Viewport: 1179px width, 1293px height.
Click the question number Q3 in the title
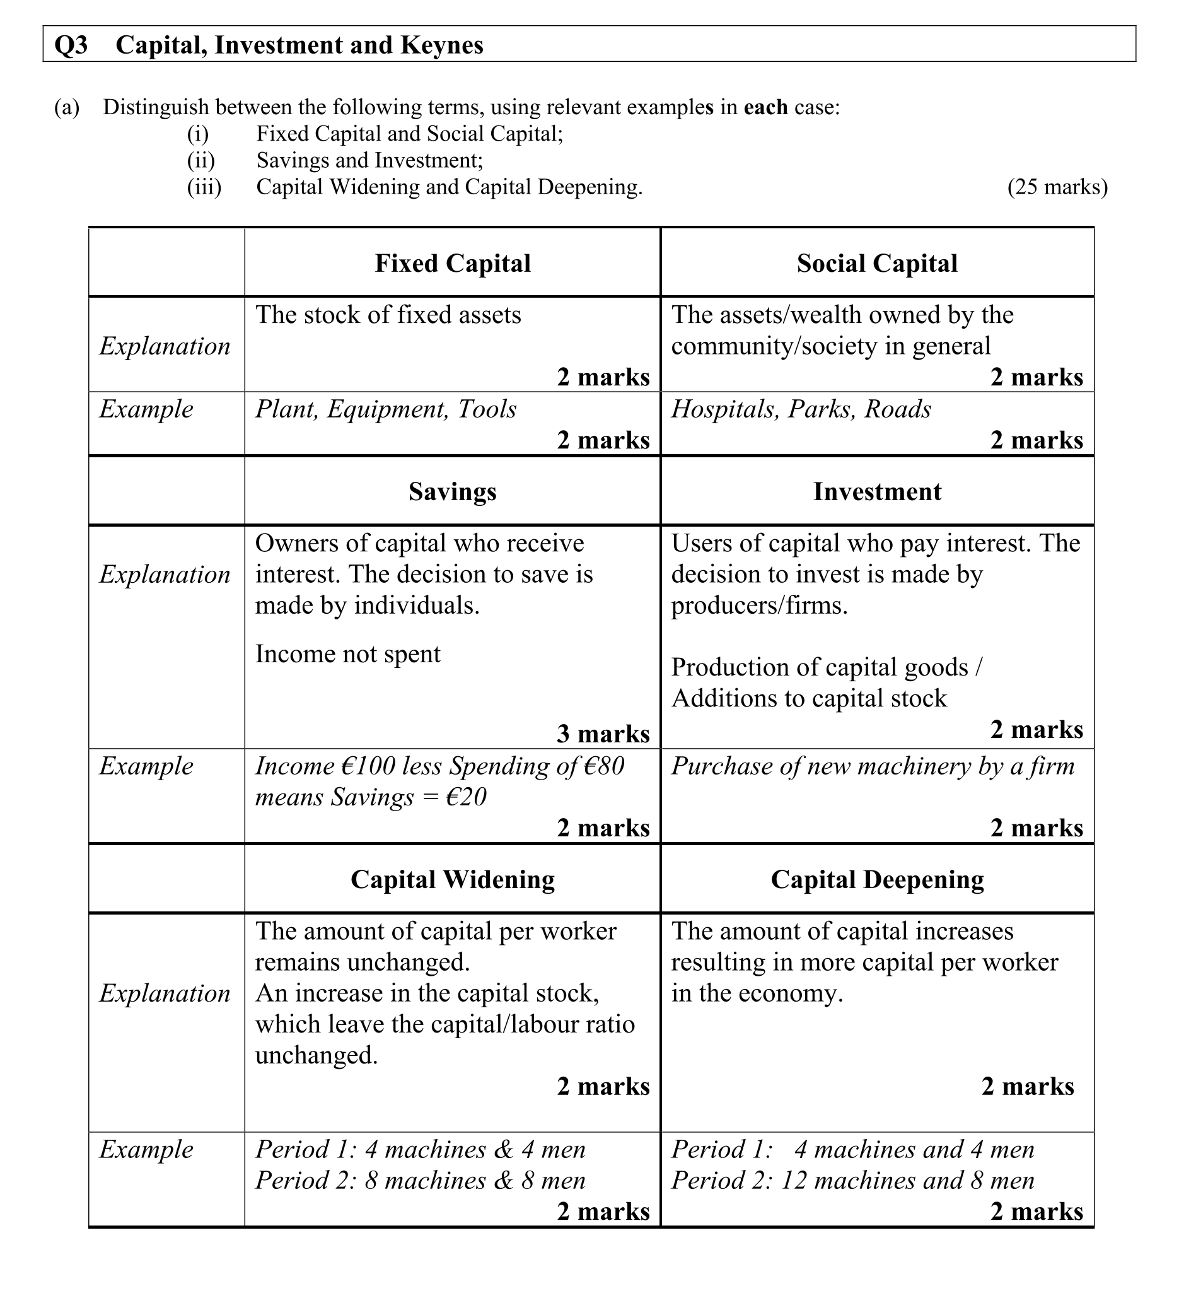[x=71, y=45]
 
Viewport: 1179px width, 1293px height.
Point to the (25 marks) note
[x=1057, y=187]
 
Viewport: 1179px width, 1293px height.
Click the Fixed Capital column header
[x=453, y=263]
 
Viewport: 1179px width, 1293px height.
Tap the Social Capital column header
[x=877, y=263]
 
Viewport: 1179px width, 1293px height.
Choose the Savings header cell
[x=453, y=491]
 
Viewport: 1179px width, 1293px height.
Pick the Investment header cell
[x=877, y=491]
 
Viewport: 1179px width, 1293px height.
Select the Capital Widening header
[x=453, y=879]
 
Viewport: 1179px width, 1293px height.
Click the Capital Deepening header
[x=877, y=879]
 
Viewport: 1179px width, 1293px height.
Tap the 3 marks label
[x=603, y=734]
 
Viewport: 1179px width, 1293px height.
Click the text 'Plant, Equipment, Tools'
[x=386, y=409]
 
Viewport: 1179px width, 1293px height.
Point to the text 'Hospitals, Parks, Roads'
[x=801, y=409]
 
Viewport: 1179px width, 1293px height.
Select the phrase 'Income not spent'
[x=348, y=653]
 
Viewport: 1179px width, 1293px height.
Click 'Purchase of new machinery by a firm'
[x=873, y=766]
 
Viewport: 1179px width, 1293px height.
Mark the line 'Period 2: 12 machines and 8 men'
[x=852, y=1180]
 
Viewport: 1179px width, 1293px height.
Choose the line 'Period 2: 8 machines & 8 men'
[x=421, y=1180]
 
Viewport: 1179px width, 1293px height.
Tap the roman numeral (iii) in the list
[x=204, y=187]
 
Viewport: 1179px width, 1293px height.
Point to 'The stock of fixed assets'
[x=388, y=315]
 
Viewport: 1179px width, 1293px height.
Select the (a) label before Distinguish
[x=67, y=107]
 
